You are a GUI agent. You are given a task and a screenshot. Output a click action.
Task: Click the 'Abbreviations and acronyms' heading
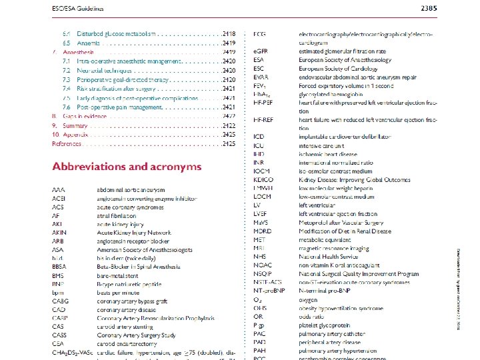(127, 166)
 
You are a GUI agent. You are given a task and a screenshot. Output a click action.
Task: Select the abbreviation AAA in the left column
(59, 190)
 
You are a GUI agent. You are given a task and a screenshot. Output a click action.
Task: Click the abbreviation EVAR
(261, 77)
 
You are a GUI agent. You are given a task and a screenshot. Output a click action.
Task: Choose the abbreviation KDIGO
(264, 179)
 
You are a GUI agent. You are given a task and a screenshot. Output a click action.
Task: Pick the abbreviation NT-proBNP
(268, 291)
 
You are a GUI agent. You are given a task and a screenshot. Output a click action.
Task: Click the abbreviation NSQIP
(263, 274)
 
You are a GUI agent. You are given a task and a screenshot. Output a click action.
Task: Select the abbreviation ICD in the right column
(259, 137)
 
